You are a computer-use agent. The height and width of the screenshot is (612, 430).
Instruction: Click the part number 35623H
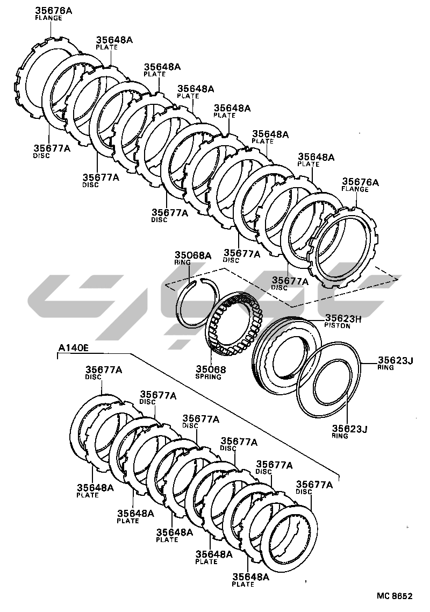click(x=343, y=318)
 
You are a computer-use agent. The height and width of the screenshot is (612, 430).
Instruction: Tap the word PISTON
click(x=337, y=325)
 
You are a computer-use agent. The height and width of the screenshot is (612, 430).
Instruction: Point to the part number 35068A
click(x=193, y=255)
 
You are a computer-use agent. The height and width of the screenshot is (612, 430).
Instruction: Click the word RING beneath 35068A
click(x=182, y=262)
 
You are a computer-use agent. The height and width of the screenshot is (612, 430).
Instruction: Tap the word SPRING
click(x=208, y=376)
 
